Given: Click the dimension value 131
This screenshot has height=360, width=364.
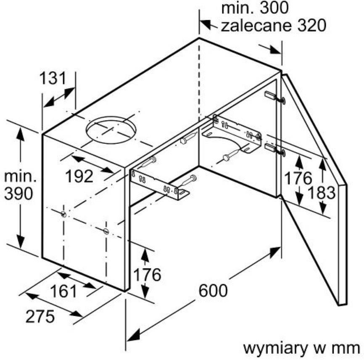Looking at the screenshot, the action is tap(53, 78).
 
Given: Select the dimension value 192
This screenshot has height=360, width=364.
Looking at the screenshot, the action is tap(79, 176).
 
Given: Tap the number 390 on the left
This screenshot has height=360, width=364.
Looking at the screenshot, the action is tap(18, 193).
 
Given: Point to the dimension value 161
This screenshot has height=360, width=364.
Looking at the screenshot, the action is tap(63, 291).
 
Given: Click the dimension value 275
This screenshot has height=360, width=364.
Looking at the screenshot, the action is tap(40, 316).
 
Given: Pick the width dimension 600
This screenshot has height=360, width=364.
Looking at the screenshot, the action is tap(213, 291).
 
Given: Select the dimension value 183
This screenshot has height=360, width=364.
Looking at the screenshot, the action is tap(321, 193).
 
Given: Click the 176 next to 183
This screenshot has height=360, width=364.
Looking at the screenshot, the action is tap(298, 178).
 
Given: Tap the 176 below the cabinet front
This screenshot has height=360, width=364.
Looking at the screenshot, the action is tap(147, 275).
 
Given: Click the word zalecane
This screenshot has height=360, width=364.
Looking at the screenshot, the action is tap(256, 26).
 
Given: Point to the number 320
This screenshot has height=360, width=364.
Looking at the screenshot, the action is tap(312, 26).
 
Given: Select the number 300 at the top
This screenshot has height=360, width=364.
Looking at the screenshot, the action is tap(274, 8).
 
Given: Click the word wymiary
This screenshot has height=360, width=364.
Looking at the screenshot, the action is tap(274, 348).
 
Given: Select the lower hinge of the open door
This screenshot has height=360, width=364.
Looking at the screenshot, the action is tap(275, 149).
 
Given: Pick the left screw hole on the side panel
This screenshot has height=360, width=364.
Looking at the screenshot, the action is tap(63, 214).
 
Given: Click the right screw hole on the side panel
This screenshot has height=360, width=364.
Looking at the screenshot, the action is tap(106, 231).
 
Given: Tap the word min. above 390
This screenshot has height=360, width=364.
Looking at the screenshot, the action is tap(20, 177).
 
